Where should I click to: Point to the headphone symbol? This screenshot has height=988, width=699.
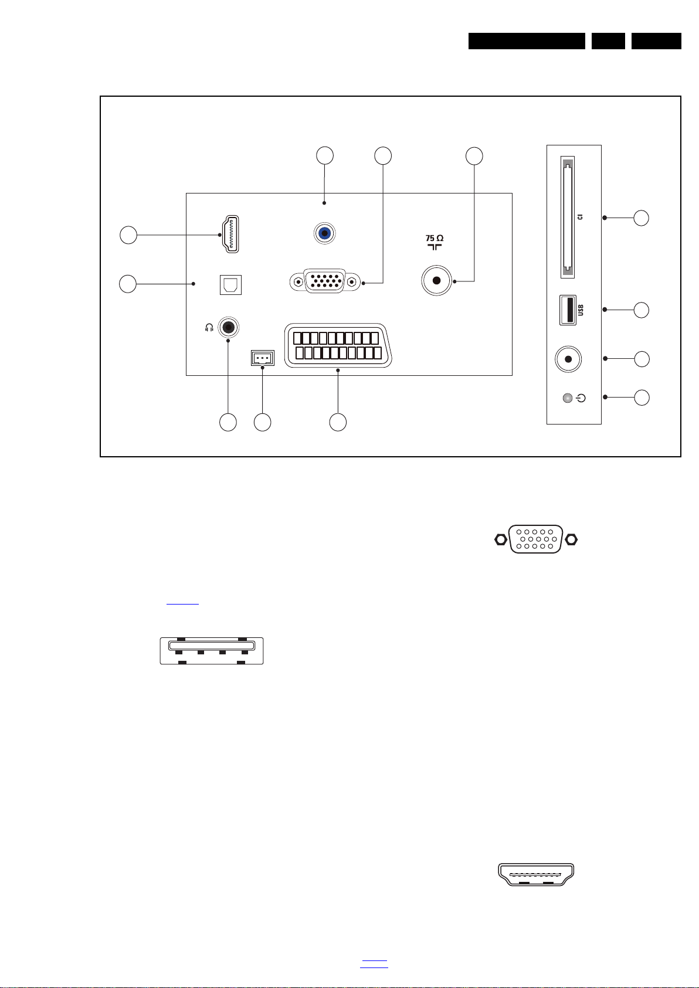click(x=208, y=328)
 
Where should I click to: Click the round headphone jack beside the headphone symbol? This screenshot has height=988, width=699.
click(x=229, y=327)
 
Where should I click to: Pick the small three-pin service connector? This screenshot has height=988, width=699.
click(x=262, y=358)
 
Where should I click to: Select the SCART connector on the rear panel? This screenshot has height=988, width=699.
click(x=333, y=346)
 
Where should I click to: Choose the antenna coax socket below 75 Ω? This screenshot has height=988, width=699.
click(x=436, y=281)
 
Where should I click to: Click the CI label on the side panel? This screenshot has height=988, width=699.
click(x=581, y=216)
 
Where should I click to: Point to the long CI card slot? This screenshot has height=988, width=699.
click(x=567, y=216)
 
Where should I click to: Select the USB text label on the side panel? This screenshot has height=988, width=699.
click(x=581, y=310)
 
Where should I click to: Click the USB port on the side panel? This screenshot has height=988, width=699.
click(x=568, y=310)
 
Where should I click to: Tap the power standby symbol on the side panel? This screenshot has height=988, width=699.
click(x=581, y=399)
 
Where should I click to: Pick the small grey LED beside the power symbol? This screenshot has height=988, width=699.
click(x=566, y=399)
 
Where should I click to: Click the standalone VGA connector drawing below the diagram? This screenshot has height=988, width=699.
click(x=536, y=539)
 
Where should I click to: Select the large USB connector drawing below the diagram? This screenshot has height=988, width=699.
click(x=212, y=651)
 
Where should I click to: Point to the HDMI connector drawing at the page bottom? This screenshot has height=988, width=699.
click(x=536, y=874)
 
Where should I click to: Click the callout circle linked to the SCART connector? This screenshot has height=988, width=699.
click(x=338, y=422)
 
